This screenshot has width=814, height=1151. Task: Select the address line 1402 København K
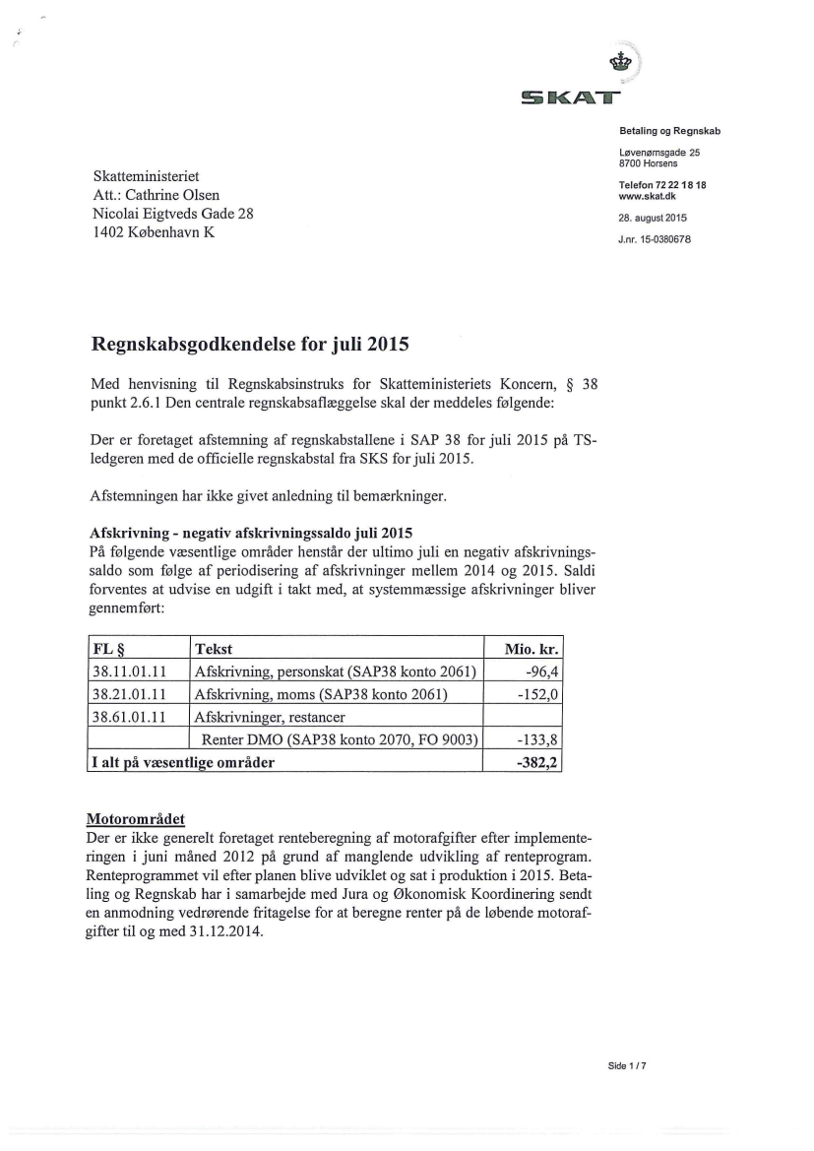click(x=153, y=232)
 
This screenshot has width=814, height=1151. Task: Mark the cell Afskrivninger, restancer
click(x=272, y=717)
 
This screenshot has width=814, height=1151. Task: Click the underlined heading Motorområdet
click(x=135, y=819)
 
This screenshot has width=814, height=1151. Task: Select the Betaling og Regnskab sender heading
click(x=670, y=130)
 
